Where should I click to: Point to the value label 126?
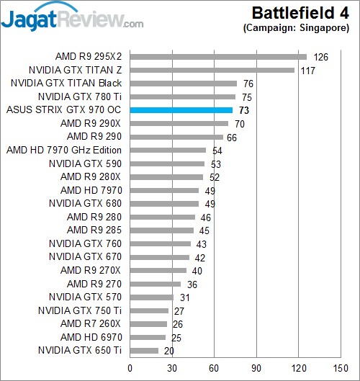tap(320, 57)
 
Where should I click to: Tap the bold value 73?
tap(244, 111)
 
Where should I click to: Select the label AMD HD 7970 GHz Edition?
tap(63, 151)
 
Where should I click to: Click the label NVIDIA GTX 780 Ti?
tap(79, 97)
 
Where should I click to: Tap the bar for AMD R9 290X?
tap(179, 123)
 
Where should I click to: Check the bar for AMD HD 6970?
tap(148, 337)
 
